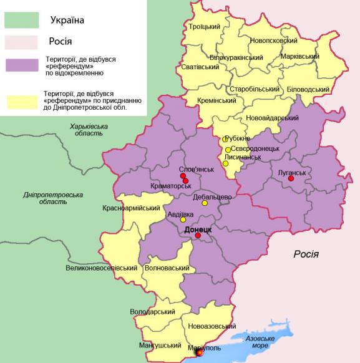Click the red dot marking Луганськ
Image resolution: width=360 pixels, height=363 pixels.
click(290, 179)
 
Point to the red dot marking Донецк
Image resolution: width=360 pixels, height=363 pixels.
click(198, 236)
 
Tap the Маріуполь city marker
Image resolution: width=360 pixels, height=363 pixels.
click(199, 352)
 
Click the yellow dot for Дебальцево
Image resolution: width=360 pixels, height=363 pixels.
click(205, 203)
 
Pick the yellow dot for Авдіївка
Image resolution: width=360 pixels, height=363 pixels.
click(183, 220)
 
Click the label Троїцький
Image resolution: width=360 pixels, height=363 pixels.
click(205, 26)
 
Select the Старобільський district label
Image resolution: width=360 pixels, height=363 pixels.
click(256, 89)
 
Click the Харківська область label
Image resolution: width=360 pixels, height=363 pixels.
click(89, 130)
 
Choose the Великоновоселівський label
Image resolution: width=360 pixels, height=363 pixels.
click(101, 268)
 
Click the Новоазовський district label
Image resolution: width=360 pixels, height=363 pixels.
click(212, 326)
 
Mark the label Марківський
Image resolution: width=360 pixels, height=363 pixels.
click(299, 56)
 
